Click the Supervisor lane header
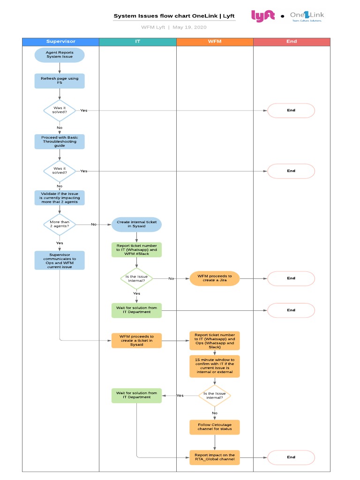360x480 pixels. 60,42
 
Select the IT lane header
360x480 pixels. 138,42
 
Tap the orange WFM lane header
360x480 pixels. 215,42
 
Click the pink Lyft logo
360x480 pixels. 263,16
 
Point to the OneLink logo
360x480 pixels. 307,16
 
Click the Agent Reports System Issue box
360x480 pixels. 60,55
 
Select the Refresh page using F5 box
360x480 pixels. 60,81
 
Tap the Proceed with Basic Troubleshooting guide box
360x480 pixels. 60,142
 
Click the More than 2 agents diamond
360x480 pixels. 60,224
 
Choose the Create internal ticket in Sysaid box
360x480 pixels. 136,224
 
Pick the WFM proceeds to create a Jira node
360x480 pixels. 215,278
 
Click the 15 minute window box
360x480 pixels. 215,366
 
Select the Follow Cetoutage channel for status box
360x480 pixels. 215,427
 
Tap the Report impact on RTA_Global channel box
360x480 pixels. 215,457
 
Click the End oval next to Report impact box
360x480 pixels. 291,457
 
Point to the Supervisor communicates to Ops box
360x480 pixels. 60,260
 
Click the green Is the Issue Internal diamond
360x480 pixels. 136,278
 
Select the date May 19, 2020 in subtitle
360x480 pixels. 189,27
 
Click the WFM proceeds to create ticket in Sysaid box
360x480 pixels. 136,340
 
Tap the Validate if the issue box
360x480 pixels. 60,198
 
